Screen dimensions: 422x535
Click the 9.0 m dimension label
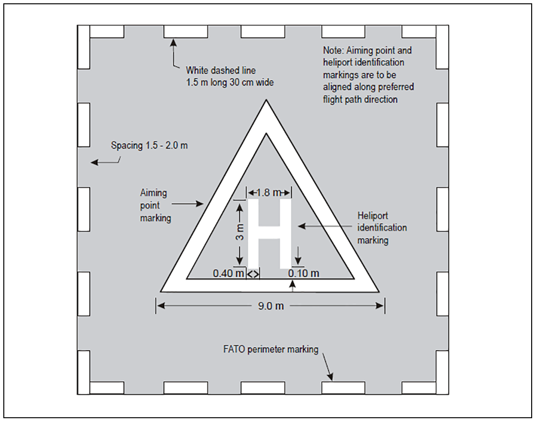[271, 306]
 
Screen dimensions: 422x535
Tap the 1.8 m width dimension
[269, 193]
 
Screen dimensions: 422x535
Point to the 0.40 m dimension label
[228, 273]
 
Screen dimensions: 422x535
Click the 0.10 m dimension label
[304, 273]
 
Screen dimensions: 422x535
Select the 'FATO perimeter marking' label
[271, 349]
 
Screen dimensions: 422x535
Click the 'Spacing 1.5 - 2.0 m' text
[149, 145]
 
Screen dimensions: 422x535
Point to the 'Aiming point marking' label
[154, 206]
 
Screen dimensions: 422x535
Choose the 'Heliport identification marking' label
[382, 228]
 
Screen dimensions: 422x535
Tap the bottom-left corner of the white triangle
[162, 291]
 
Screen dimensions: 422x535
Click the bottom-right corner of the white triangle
[378, 291]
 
